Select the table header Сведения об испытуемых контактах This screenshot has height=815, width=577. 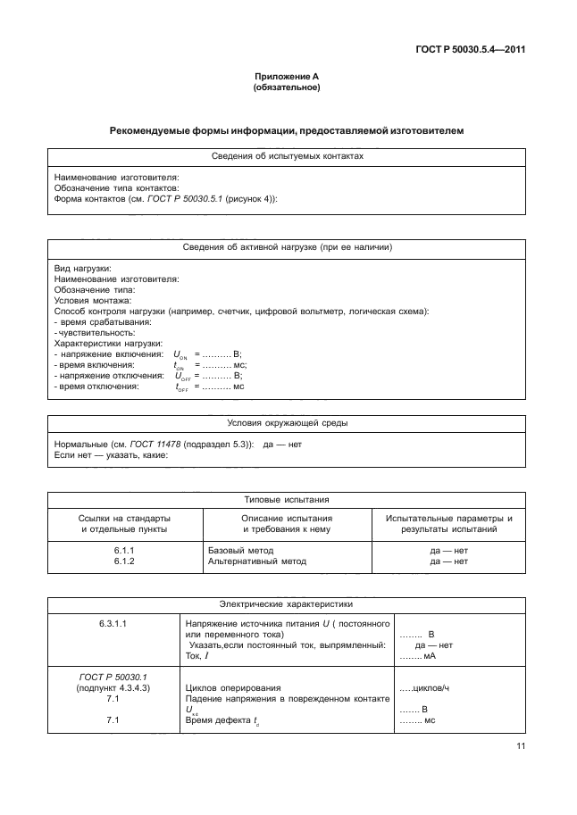(x=288, y=155)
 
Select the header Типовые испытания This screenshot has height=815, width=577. (x=288, y=500)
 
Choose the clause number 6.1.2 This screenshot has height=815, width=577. (x=124, y=561)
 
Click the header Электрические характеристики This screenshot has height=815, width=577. (x=288, y=603)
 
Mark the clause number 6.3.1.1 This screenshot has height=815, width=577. (x=124, y=623)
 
